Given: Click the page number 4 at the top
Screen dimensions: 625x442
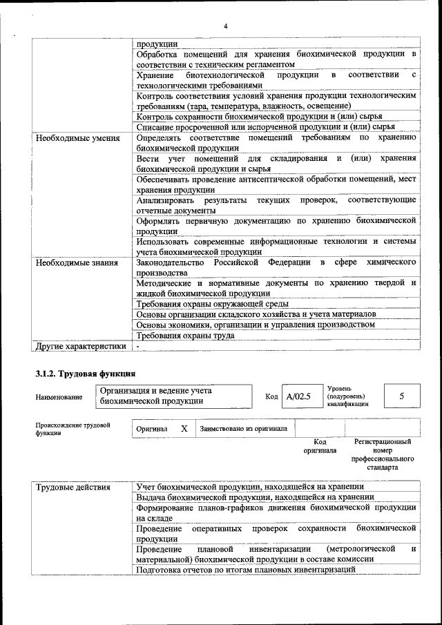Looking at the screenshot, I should tap(225, 27).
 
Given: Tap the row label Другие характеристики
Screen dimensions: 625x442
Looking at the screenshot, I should tap(81, 346).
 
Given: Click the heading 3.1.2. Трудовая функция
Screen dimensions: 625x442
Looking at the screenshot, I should tap(80, 374).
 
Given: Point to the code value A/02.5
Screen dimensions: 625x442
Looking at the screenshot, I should tap(299, 396).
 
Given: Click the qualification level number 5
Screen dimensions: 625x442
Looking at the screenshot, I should tap(401, 396).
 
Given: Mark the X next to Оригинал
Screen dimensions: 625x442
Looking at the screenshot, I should tap(184, 428).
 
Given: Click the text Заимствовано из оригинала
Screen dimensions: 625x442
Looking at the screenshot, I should tap(244, 429).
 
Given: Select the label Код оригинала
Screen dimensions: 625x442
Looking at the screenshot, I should tap(320, 446).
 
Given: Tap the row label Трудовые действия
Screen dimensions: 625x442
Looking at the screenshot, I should tap(73, 487).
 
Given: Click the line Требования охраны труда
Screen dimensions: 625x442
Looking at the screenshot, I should tap(185, 336).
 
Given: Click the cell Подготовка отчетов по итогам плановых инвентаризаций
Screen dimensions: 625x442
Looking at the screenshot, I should tap(246, 570).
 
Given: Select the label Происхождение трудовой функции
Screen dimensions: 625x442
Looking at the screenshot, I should tap(73, 429).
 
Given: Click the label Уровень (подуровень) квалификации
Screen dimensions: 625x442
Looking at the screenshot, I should tap(347, 396).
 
